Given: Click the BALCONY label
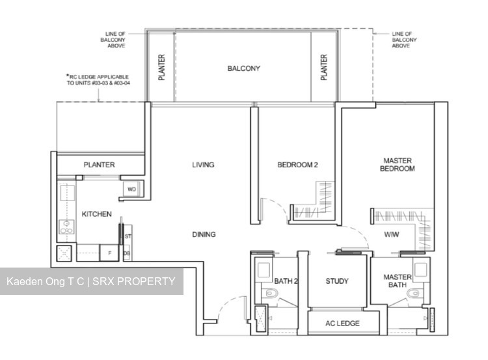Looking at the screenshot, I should tap(243, 68).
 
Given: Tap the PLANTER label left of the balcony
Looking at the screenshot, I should tap(162, 67).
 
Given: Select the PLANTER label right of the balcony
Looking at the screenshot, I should tap(323, 67).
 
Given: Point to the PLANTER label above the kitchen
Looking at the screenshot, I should tap(99, 165).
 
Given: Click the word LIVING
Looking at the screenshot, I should tap(202, 165).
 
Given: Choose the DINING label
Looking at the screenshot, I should tap(204, 234).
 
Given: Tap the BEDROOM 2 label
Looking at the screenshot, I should tap(297, 165).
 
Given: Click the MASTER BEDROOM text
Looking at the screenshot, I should tap(398, 164).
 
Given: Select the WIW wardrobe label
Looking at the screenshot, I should tap(392, 234).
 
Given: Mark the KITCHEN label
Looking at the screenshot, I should tap(96, 214).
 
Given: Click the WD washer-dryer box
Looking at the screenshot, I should tap(131, 189).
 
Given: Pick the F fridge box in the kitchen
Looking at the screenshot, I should tap(109, 253).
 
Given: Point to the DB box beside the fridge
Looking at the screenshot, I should tap(127, 253).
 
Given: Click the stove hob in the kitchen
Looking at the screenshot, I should tap(66, 227).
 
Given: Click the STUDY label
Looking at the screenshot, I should tap(337, 281).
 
